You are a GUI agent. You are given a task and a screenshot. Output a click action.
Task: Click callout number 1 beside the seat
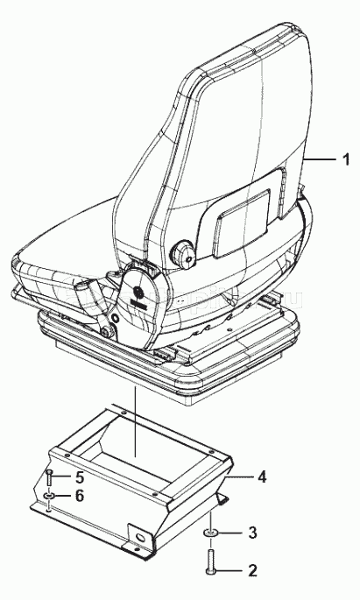345,159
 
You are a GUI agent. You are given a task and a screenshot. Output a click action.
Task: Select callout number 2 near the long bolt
252,570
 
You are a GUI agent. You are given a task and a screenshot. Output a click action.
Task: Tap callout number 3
252,533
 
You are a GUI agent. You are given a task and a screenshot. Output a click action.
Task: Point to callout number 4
262,476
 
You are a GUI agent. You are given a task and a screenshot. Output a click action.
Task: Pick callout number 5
80,477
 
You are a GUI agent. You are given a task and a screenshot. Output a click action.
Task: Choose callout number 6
80,496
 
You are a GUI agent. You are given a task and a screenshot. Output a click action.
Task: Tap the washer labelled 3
211,533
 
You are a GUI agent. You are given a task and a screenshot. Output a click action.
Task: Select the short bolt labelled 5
49,478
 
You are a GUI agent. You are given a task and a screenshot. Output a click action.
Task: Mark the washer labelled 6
48,497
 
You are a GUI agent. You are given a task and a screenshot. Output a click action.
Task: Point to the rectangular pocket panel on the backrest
242,222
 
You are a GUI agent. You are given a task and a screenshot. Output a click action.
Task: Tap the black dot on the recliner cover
138,293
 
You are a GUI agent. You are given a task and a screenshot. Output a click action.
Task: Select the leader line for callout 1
321,159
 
